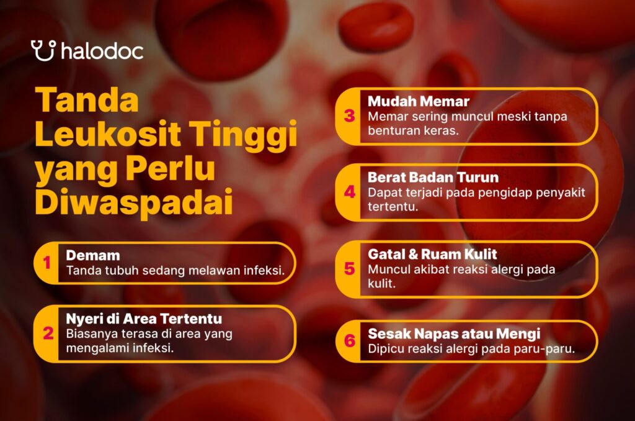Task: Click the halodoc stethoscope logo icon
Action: tap(43, 50)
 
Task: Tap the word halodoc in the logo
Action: tap(102, 51)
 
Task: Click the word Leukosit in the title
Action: tap(108, 134)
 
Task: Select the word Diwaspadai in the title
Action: tap(134, 202)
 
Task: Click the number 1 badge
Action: tap(47, 263)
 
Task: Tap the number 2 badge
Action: tap(48, 333)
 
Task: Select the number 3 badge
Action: tap(349, 116)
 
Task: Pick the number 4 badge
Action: tap(349, 192)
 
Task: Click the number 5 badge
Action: tap(349, 268)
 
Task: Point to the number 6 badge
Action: tap(349, 341)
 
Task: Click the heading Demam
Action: tap(93, 255)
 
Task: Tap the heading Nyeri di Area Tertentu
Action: tap(144, 319)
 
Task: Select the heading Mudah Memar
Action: tap(419, 101)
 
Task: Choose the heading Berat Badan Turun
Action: tap(433, 177)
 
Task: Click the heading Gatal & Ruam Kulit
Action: tap(432, 254)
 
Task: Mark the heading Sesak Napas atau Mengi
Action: tap(454, 334)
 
